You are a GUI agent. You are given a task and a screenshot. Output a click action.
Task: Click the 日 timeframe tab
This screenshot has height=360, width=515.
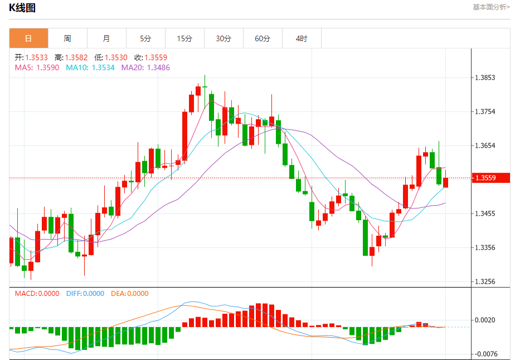coord(28,38)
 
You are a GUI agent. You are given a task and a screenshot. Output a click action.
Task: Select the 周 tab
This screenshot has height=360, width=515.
coord(67,38)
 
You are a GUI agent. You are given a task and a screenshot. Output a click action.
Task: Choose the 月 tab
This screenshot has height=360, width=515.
coord(106,38)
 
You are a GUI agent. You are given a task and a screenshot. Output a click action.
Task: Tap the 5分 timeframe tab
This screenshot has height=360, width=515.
coord(145,38)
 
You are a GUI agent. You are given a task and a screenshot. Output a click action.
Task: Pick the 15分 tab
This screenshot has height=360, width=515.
coord(184,38)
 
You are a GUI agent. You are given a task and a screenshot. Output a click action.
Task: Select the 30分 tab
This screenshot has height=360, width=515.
coord(224,38)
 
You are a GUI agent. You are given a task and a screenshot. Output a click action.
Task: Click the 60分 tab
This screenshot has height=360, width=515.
coord(263,38)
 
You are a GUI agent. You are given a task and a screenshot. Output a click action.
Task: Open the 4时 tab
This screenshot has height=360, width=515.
coord(302,38)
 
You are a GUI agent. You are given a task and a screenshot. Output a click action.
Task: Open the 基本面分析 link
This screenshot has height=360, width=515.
coord(490,7)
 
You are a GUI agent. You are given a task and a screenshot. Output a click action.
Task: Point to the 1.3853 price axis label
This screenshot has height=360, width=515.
coord(485,77)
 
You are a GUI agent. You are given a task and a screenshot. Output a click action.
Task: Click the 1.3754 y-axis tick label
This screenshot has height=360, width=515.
coord(485,111)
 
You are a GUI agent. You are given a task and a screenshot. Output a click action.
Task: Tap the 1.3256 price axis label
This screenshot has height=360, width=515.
coord(485,281)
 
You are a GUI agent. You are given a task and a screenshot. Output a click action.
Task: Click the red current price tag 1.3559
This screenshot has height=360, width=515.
coord(491,178)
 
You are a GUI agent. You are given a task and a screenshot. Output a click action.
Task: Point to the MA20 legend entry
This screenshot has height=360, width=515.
coord(145,67)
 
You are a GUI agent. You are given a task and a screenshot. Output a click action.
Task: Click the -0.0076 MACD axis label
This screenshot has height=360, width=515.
coord(485,353)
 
